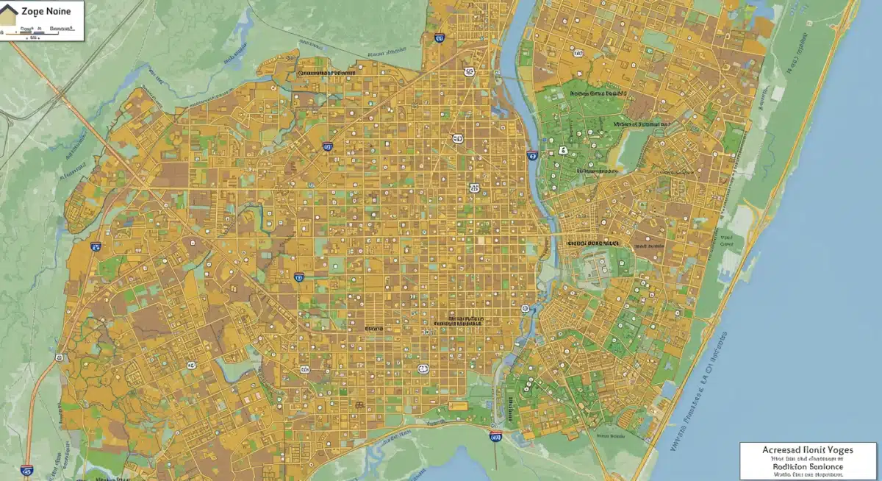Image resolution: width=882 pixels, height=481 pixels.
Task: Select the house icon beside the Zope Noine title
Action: [x=9, y=15]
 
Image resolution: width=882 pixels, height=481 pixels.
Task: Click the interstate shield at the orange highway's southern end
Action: [x=27, y=468]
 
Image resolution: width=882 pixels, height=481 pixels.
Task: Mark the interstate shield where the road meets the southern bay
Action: [x=495, y=437]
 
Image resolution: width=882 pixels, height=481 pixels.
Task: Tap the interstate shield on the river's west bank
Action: [x=531, y=155]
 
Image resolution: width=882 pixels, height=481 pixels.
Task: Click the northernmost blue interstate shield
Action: [x=439, y=38]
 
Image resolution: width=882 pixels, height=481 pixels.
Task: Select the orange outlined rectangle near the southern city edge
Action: [x=457, y=405]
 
